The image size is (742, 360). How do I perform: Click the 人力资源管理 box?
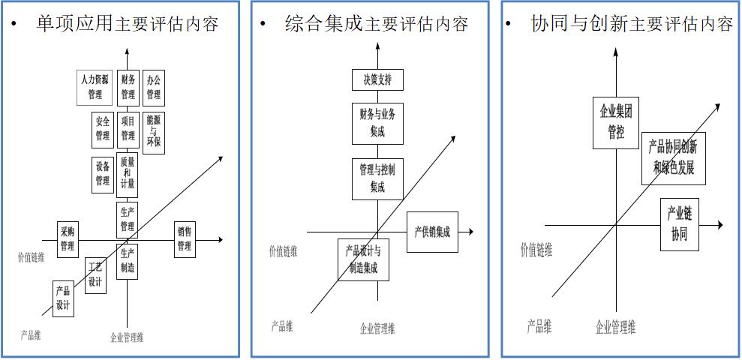point(95,87)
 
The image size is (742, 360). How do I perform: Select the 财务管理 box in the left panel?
point(128,87)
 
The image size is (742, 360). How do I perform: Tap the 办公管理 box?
point(153,87)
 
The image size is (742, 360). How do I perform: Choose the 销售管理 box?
point(185,240)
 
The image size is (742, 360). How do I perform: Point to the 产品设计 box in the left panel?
point(64,298)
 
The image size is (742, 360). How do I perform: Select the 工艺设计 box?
point(95,275)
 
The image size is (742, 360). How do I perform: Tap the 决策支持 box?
point(377,79)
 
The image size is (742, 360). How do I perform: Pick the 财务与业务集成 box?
point(377,123)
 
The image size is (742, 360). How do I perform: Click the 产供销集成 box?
point(432,232)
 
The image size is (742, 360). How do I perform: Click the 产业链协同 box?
point(679,225)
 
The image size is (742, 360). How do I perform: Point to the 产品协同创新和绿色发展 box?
point(674,158)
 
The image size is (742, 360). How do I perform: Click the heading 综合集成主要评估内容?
point(377,24)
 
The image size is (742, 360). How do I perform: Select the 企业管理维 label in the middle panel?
point(377,328)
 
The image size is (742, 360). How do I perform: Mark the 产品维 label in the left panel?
point(31,335)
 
